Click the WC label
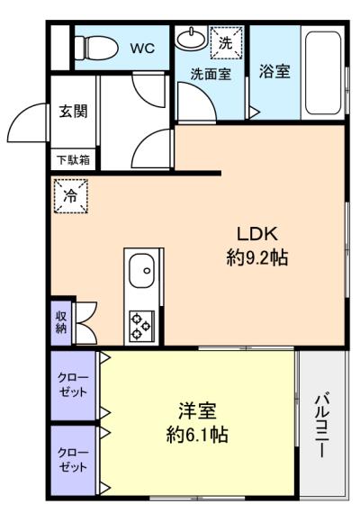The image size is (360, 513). (142, 49)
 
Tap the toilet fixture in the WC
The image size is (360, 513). (96, 48)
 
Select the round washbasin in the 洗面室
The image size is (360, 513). (191, 38)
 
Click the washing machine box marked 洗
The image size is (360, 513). (226, 42)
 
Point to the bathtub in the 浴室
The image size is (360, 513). (323, 73)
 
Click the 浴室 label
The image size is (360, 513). (274, 71)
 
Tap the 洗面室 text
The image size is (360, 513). (211, 74)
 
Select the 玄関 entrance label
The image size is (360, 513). (73, 112)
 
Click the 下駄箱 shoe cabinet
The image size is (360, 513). (73, 159)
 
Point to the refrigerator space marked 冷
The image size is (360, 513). (71, 196)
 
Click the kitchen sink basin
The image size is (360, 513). (141, 271)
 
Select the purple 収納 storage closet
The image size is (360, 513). (61, 322)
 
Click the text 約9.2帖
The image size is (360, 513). (257, 257)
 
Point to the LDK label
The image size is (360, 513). (257, 234)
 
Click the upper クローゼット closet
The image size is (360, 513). (73, 385)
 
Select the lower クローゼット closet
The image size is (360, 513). (73, 460)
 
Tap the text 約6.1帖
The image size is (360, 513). (197, 435)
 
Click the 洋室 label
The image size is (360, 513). (197, 411)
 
